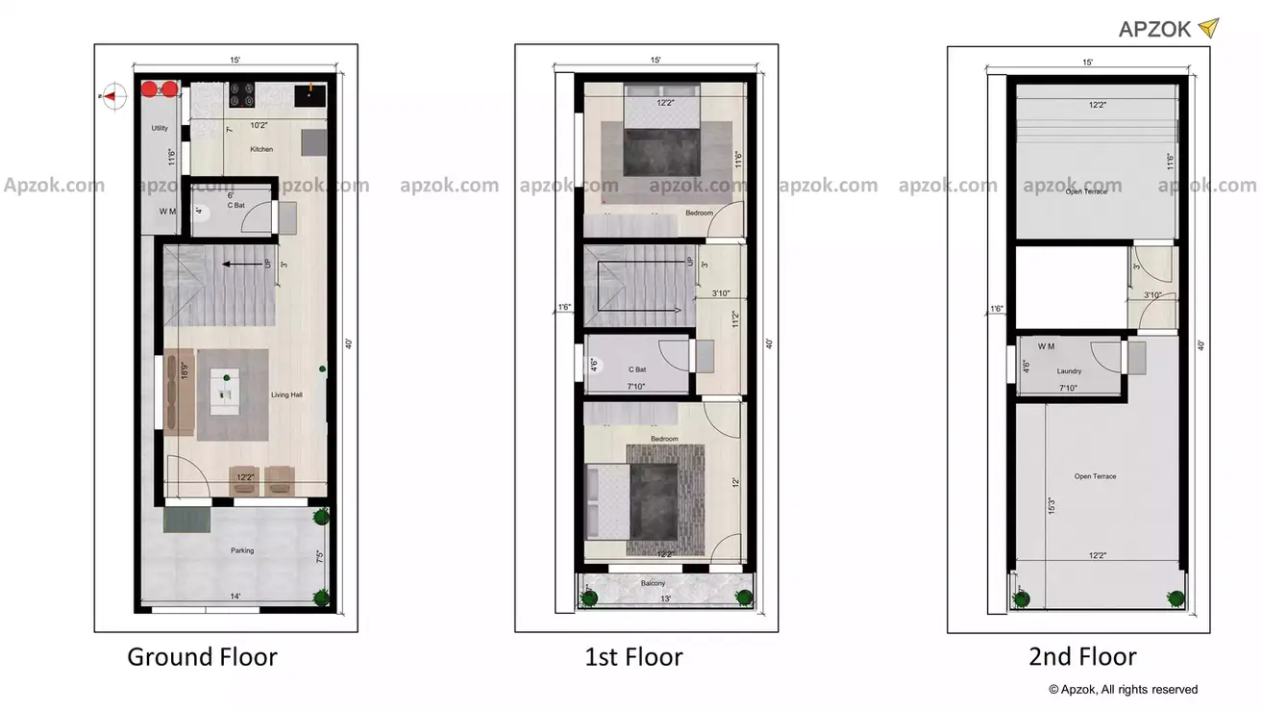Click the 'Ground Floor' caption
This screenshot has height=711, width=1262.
[x=202, y=657]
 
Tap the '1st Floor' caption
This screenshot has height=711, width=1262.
[x=633, y=658]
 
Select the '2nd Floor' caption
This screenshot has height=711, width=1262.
[x=1082, y=657]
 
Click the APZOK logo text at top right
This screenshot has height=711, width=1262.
[x=1155, y=29]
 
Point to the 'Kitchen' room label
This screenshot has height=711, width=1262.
[x=261, y=149]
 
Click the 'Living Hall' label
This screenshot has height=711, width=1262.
[x=286, y=394]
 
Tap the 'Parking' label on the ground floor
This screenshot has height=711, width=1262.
[x=242, y=550]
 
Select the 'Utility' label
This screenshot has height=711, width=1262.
[x=160, y=128]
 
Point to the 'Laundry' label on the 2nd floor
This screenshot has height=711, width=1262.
[x=1069, y=370]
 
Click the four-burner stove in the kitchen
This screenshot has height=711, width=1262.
[x=241, y=94]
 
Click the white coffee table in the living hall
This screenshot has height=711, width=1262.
[x=227, y=391]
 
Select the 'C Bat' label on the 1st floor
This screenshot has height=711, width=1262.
[x=637, y=369]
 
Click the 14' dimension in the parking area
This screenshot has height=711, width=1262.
[x=235, y=597]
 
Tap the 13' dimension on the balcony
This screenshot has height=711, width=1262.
[x=667, y=598]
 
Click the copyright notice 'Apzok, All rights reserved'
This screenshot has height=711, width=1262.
[x=1123, y=689]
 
